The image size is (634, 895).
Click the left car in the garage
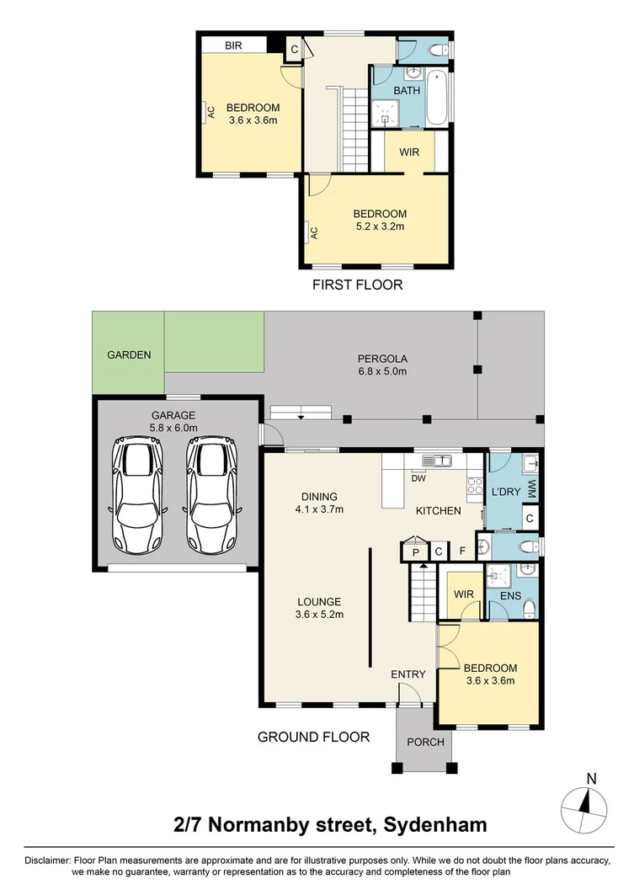(137, 495)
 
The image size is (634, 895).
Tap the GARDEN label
(129, 354)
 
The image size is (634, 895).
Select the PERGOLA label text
(382, 359)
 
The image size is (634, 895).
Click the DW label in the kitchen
(418, 478)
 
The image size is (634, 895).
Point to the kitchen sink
(436, 460)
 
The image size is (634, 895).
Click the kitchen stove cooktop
(475, 486)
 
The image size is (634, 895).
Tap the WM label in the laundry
(533, 488)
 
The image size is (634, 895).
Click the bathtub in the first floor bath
(437, 97)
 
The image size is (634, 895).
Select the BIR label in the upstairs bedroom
(233, 45)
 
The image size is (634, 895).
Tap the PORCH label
(425, 742)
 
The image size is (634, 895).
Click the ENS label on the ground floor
(510, 595)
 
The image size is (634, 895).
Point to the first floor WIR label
(409, 152)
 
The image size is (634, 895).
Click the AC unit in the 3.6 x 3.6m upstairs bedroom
(210, 113)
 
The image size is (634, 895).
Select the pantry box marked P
(415, 552)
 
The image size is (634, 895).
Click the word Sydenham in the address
(435, 824)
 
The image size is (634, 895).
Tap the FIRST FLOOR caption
(357, 285)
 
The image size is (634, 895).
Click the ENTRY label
(408, 674)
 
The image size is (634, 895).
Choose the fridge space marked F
(462, 552)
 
